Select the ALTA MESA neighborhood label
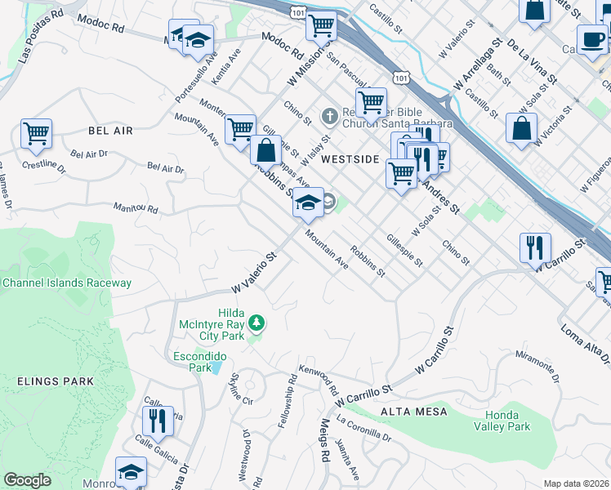coord(413,412)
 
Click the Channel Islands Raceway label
coord(66,283)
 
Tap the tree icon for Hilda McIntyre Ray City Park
coord(256,323)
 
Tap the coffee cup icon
coord(592,39)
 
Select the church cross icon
coord(329,115)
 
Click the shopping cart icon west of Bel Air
coord(37,133)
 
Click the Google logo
coord(27,480)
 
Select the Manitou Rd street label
coord(136,208)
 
